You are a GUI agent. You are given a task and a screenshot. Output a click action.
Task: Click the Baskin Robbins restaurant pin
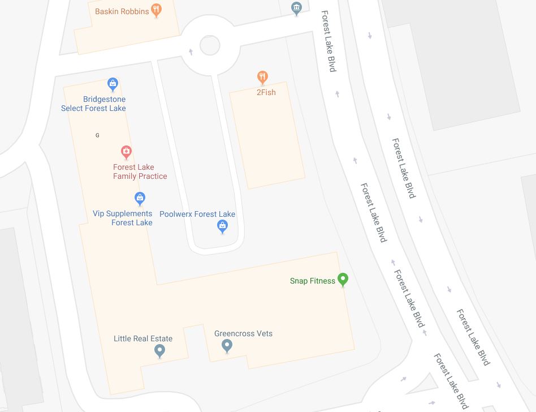157,10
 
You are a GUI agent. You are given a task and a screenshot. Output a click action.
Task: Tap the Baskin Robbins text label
122,11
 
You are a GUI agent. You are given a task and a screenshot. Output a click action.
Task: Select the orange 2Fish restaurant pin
262,77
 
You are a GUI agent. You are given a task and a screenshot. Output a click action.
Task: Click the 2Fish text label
266,92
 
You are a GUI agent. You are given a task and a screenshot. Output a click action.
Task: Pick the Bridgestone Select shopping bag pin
113,85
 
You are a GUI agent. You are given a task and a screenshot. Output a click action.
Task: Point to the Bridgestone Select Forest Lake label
94,104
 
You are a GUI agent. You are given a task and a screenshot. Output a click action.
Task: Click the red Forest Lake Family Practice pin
127,152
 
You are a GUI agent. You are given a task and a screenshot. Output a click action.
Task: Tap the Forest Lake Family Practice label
140,171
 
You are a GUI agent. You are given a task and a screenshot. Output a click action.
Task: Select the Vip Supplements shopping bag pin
140,198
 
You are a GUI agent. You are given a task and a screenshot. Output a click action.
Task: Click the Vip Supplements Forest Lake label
123,218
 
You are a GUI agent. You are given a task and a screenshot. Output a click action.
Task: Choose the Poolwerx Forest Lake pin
223,227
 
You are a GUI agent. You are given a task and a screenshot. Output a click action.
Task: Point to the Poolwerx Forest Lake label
197,214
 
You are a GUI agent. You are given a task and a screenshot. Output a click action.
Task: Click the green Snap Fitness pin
343,280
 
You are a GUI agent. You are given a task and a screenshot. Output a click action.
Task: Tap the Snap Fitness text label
313,281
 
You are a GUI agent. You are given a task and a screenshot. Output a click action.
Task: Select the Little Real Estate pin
160,351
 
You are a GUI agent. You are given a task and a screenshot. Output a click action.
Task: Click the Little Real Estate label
143,338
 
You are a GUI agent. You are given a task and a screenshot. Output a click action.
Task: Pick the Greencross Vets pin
227,346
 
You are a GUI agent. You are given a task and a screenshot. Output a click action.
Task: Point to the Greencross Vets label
243,333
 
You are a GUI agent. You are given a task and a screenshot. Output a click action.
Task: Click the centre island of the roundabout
210,45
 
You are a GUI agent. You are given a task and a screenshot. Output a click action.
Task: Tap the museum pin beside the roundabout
296,8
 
